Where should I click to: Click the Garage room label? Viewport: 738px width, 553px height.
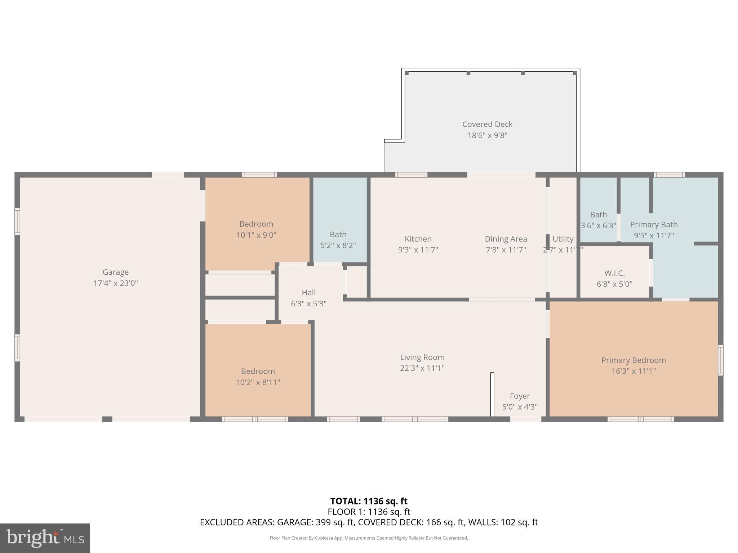coord(115,272)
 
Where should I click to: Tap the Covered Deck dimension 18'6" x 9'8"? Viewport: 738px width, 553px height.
coord(487,135)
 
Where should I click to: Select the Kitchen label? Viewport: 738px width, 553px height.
coord(418,239)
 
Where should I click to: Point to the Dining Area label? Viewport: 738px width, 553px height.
coord(506,239)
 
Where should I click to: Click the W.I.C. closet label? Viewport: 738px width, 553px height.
coord(614,273)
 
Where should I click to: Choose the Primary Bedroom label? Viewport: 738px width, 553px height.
coord(633,360)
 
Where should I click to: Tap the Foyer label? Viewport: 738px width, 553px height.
coord(520,396)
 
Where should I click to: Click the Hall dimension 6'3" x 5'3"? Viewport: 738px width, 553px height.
coord(308,304)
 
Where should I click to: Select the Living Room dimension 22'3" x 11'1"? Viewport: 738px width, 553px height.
coord(422,368)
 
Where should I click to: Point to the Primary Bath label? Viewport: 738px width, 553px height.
coord(654,225)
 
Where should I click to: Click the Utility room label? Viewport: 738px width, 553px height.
coord(563,239)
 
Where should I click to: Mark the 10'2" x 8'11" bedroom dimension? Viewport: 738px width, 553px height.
coord(258,382)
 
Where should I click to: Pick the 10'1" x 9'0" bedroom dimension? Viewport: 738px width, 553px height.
coord(256,235)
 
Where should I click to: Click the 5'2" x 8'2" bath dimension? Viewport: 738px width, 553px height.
coord(338,246)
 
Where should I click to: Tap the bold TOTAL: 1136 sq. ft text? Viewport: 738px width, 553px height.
coord(369,501)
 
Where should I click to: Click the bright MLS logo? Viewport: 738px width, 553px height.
coord(45,538)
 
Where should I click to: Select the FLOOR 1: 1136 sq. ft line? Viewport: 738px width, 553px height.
coord(369,512)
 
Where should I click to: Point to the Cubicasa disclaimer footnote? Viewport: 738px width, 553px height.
coord(369,538)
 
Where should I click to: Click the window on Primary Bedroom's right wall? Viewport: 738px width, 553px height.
coord(720,360)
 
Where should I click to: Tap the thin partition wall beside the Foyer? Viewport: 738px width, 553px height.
coord(492,394)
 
